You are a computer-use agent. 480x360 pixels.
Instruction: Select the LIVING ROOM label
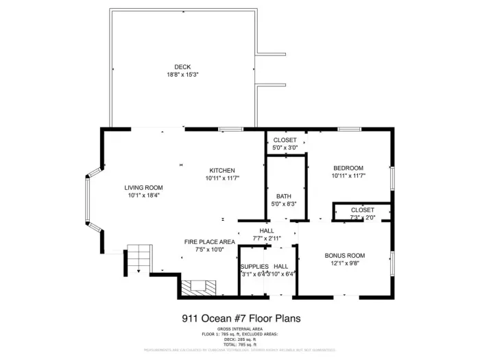(x=143, y=187)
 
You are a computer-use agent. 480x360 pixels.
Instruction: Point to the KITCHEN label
(x=223, y=170)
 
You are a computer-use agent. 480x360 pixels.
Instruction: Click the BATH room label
(x=284, y=195)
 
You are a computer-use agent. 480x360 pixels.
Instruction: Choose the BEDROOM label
(x=348, y=168)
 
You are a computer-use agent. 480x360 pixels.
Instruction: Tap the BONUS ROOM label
(x=344, y=255)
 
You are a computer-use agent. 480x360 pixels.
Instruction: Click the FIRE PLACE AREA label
(x=210, y=242)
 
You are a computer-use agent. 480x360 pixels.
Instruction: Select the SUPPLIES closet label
(x=254, y=266)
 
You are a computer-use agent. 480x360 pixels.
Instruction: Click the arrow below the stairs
(x=139, y=272)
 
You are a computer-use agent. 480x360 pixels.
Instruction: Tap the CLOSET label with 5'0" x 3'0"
(x=284, y=140)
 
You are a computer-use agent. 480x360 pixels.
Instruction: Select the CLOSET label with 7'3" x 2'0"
(x=362, y=210)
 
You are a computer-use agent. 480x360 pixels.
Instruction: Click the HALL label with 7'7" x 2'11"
(x=267, y=231)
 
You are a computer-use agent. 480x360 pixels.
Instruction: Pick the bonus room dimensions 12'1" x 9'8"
(x=344, y=263)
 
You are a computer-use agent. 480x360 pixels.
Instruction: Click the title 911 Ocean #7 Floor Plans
(x=241, y=318)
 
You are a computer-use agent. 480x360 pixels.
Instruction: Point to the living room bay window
(x=88, y=199)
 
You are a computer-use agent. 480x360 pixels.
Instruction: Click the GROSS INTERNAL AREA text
(x=240, y=329)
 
